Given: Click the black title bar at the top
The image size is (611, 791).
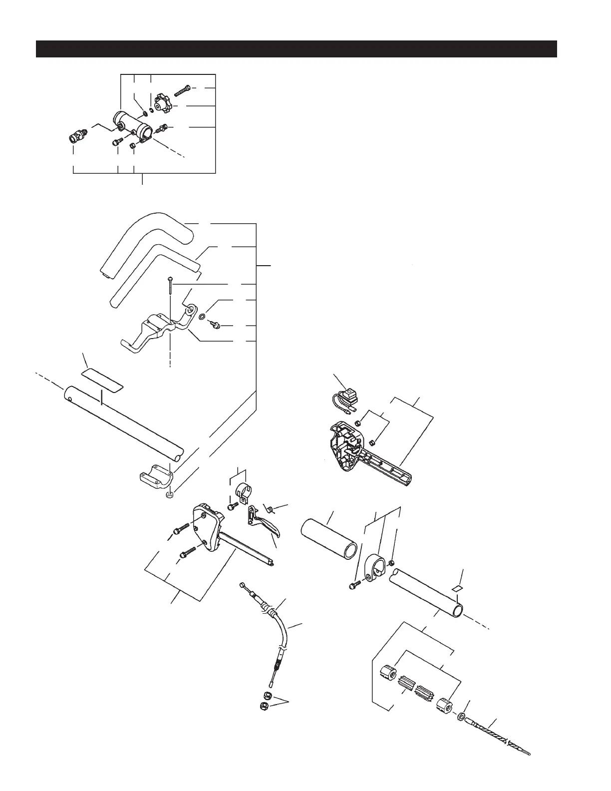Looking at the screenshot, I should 297,49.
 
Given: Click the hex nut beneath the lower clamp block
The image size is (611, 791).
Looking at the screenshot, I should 170,494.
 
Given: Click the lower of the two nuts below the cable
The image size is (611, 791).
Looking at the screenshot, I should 265,706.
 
